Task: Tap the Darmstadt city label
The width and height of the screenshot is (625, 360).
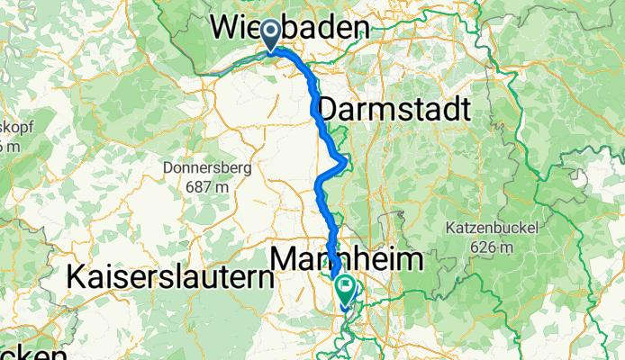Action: (x=394, y=110)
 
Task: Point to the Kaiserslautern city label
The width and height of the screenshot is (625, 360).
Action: (x=169, y=278)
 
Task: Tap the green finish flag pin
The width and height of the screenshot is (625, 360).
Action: (x=346, y=289)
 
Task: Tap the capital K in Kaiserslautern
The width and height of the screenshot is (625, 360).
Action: (x=77, y=278)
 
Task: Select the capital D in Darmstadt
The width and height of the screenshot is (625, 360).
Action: (x=328, y=110)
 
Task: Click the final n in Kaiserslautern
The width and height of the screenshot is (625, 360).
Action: (x=264, y=278)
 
